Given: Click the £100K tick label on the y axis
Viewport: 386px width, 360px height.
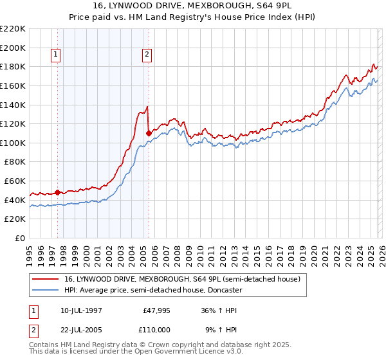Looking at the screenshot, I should point(13,143).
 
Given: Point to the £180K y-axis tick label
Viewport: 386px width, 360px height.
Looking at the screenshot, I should point(13,66).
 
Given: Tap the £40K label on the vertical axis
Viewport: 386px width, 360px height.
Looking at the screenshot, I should point(15,200).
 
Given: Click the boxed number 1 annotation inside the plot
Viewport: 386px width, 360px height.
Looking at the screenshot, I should point(57,55).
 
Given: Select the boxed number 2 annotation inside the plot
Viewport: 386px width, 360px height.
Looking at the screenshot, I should point(147,55).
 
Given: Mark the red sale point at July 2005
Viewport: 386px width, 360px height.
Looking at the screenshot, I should point(149,133).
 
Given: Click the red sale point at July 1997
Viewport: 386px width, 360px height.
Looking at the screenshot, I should point(57,192).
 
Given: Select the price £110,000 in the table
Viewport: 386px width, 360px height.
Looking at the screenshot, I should point(156,329).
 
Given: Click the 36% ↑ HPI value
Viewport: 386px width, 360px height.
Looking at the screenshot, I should point(219,310).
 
